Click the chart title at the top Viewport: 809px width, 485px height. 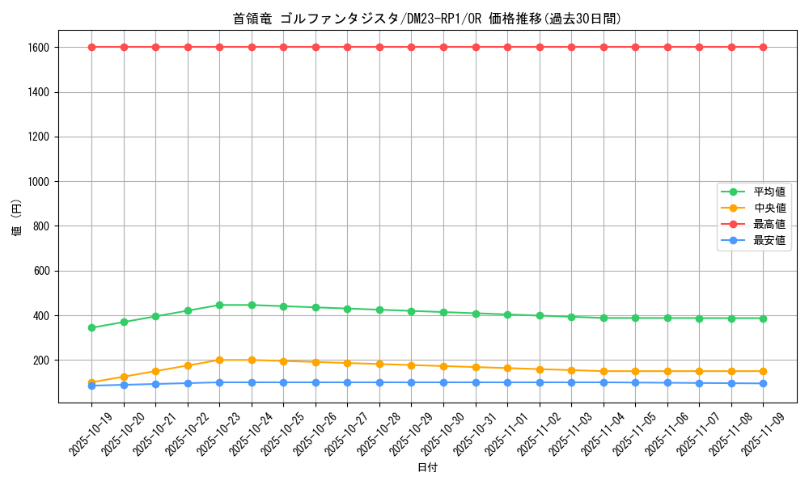pos(426,19)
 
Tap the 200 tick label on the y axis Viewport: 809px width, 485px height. pos(42,361)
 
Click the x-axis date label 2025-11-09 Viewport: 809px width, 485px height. pos(763,434)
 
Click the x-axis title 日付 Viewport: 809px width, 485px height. pos(427,467)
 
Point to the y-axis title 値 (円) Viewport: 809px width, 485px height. pos(16,218)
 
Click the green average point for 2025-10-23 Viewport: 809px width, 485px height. pos(219,305)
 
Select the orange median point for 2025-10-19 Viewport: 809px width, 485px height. pos(91,382)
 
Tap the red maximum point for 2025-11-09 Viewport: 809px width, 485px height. pos(763,47)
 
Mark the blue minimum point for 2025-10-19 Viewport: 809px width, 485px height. pos(91,386)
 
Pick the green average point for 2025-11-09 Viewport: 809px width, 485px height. pos(763,318)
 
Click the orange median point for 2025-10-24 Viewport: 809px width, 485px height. pos(252,360)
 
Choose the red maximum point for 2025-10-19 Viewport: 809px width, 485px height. pos(91,47)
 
